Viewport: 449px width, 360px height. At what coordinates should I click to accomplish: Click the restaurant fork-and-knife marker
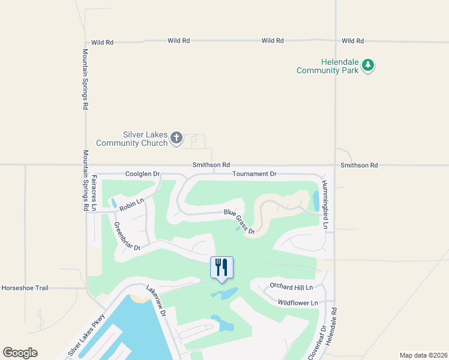pyautogui.click(x=221, y=267)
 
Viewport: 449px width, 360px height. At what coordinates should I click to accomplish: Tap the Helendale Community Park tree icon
pyautogui.click(x=369, y=65)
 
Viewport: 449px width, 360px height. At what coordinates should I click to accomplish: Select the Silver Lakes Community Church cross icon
pyautogui.click(x=176, y=139)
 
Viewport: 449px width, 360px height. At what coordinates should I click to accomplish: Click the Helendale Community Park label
pyautogui.click(x=327, y=66)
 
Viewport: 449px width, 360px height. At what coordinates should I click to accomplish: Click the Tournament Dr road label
pyautogui.click(x=255, y=174)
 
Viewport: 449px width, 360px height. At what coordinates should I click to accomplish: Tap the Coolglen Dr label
pyautogui.click(x=143, y=174)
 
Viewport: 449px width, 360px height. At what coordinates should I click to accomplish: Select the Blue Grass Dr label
pyautogui.click(x=240, y=221)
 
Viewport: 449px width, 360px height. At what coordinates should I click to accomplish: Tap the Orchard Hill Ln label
pyautogui.click(x=293, y=286)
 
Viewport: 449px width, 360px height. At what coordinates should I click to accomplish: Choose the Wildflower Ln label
pyautogui.click(x=298, y=303)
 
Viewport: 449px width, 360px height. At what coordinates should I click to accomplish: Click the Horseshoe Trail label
pyautogui.click(x=25, y=288)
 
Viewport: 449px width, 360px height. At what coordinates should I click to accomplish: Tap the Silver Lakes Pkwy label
pyautogui.click(x=86, y=335)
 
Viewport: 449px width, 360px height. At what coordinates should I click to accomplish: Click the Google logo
pyautogui.click(x=20, y=353)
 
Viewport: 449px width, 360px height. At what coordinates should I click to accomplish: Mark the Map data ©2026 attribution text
pyautogui.click(x=423, y=355)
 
